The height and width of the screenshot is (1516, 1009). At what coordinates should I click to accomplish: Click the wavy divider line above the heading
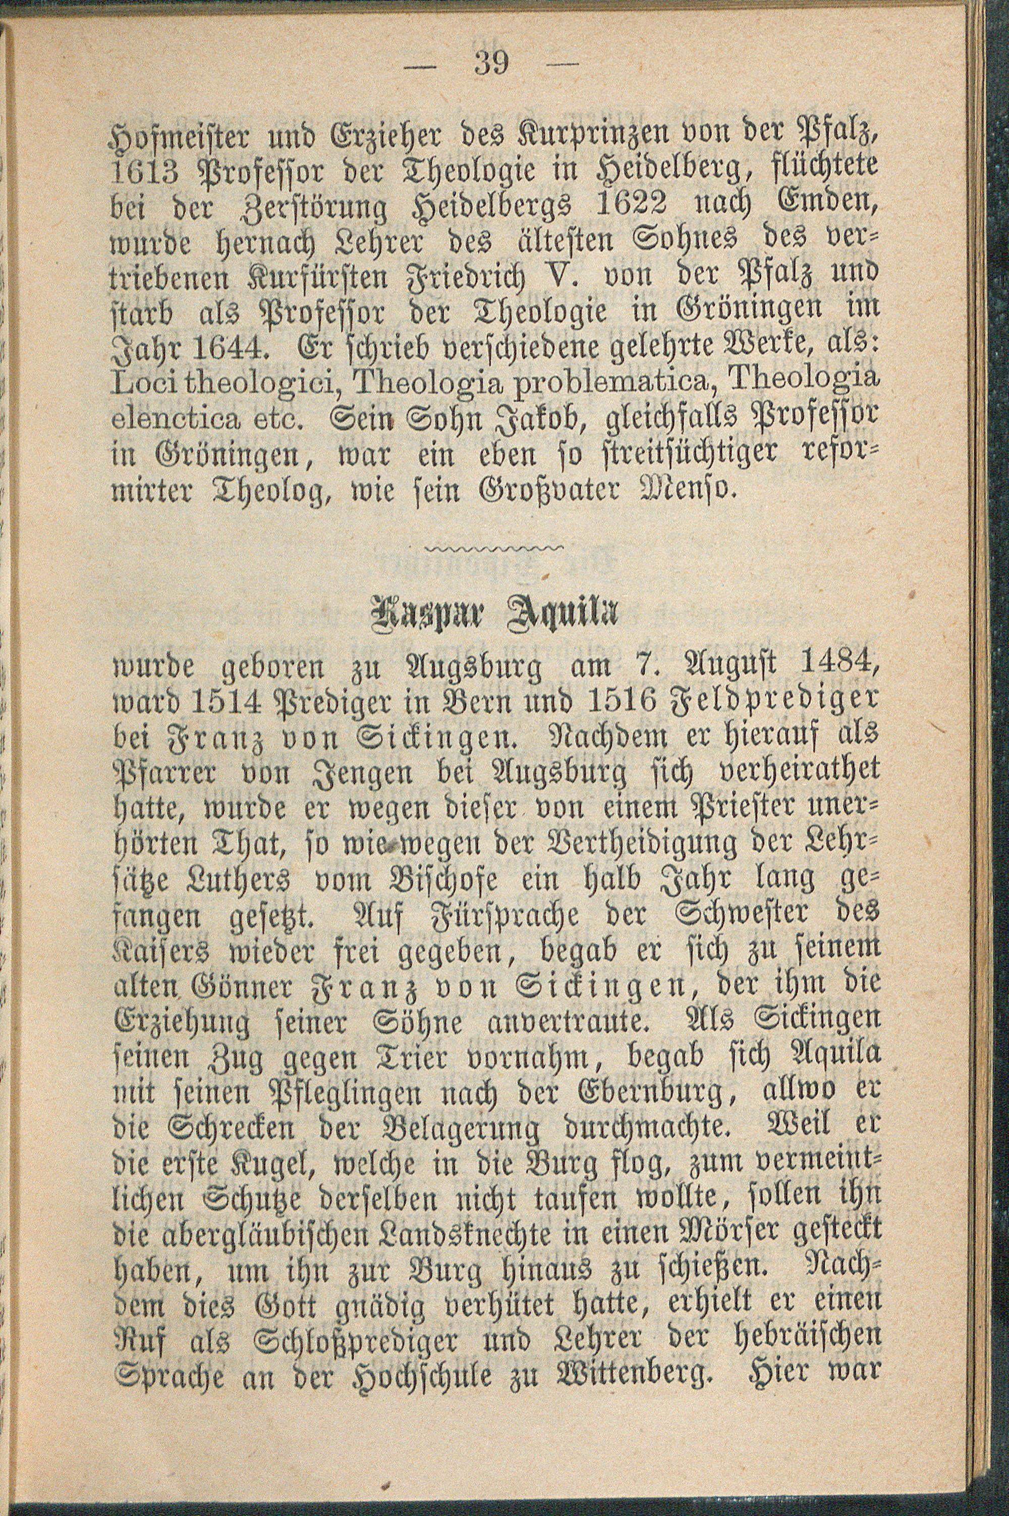[494, 547]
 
